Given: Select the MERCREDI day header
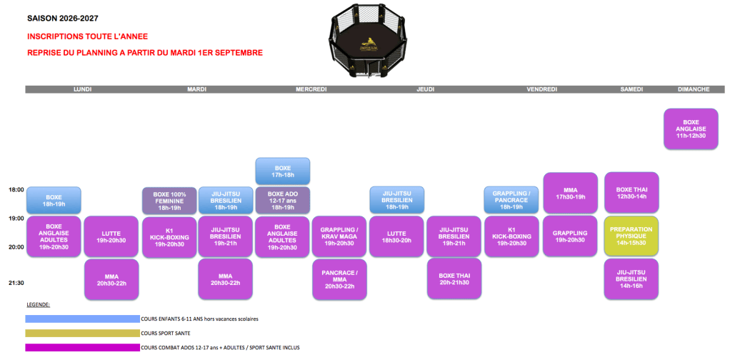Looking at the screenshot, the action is (311, 89).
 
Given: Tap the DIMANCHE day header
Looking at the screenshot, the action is (694, 89).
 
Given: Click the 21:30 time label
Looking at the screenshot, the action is (16, 283).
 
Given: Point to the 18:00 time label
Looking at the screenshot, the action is (16, 189).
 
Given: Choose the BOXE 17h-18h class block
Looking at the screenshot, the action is (283, 171).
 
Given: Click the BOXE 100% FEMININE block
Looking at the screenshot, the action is (169, 201).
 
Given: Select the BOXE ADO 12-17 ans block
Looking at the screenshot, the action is (283, 201).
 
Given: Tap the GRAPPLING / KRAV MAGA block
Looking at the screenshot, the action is (339, 236).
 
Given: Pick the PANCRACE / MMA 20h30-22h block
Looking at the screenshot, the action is (339, 279).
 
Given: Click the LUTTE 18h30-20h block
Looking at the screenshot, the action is (396, 236).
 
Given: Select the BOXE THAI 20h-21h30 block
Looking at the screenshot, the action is (454, 279).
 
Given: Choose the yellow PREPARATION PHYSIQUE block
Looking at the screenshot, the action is (631, 236).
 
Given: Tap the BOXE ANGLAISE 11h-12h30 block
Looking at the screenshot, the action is (691, 129).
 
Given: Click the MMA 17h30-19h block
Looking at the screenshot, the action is (570, 193).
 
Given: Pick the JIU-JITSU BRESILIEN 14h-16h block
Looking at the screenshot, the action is (631, 279).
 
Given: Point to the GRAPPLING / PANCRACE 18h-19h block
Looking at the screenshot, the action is (511, 200).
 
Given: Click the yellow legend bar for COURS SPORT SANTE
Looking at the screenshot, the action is (82, 333).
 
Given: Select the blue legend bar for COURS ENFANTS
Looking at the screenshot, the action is (82, 319).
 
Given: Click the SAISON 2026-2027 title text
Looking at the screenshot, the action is (63, 19).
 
